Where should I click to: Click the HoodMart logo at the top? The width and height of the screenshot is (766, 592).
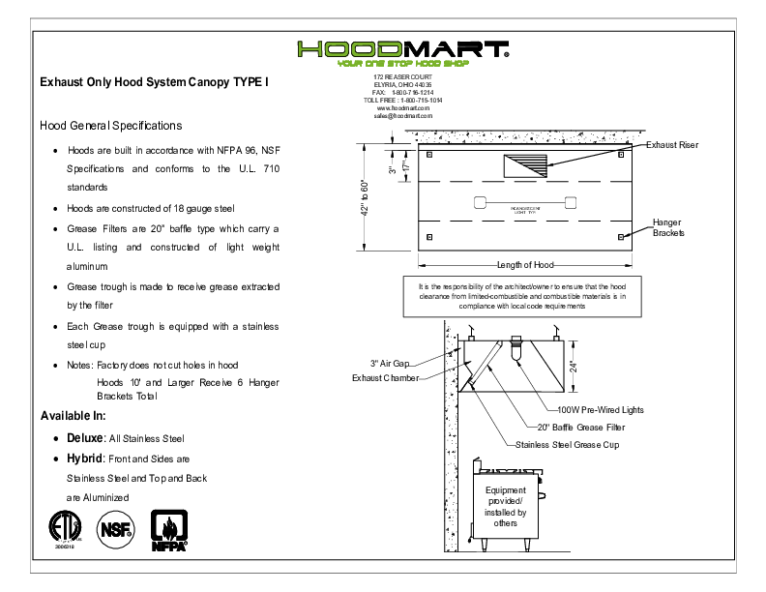pos(402,50)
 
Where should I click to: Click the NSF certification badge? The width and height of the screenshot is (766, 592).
pos(116,529)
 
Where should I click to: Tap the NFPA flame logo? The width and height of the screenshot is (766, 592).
pos(168,530)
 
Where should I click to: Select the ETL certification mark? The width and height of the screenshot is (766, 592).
pos(66,528)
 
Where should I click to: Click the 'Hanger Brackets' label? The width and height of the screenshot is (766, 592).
pos(667,227)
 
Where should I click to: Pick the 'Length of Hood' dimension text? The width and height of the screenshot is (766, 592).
pos(525,265)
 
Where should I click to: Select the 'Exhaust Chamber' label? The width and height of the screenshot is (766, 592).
pos(384,377)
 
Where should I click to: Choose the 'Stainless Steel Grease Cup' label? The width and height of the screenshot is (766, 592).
pos(567,444)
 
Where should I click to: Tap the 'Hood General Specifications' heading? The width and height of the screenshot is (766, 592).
pos(110,126)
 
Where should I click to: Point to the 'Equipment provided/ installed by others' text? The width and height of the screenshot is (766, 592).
pos(505,507)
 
